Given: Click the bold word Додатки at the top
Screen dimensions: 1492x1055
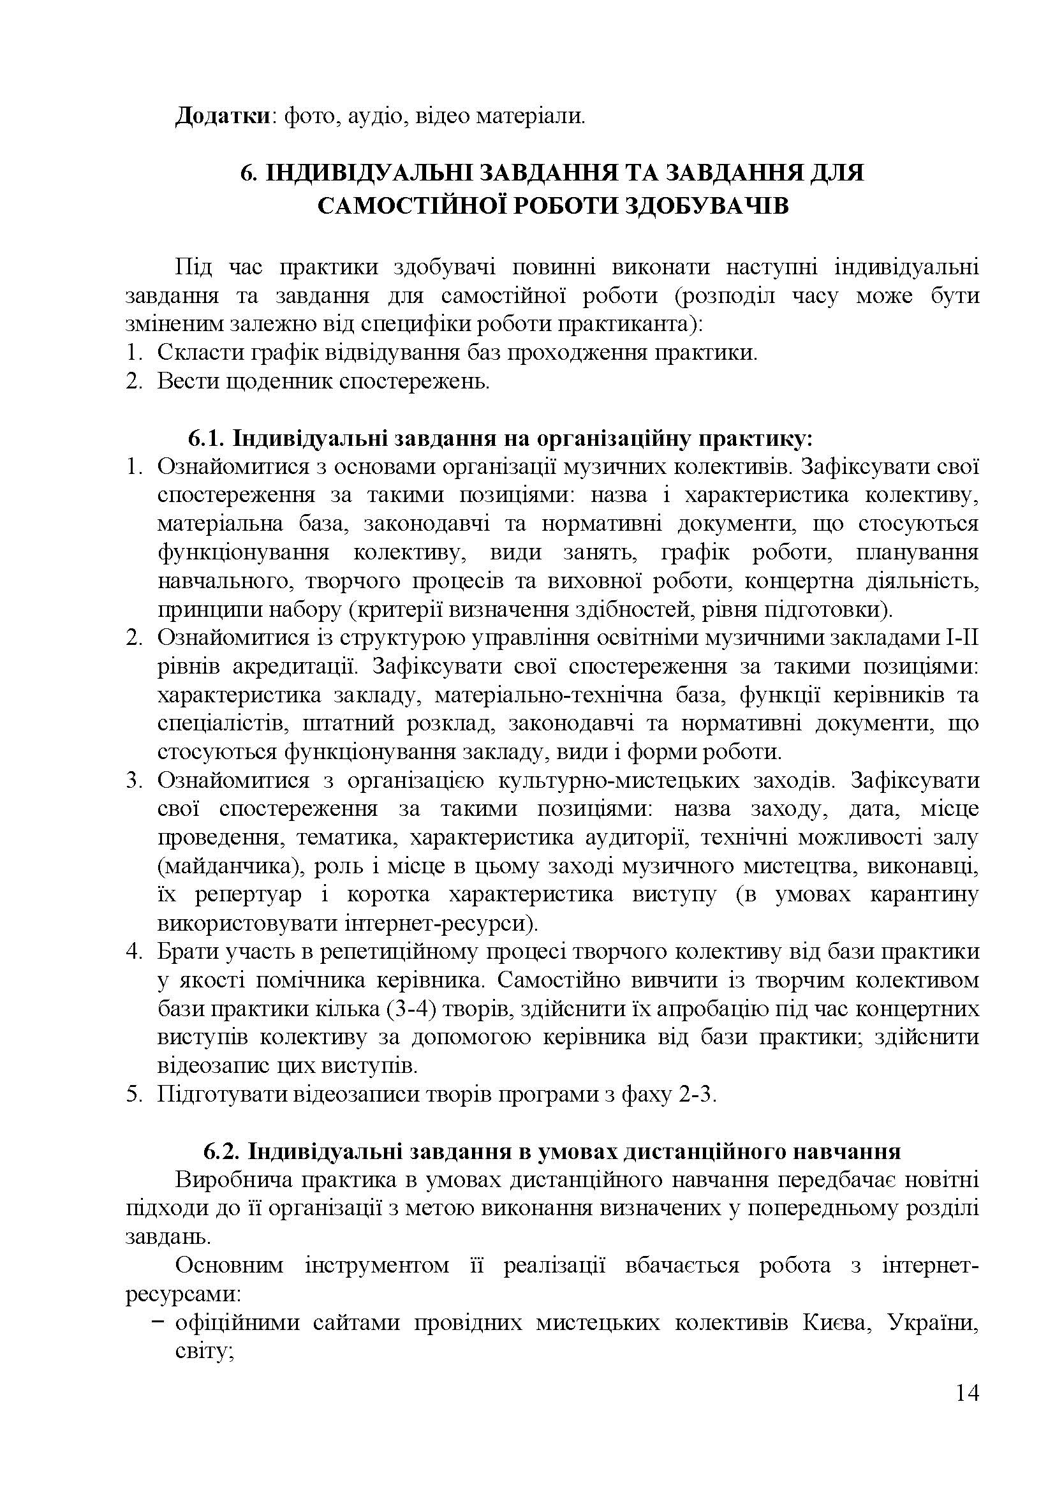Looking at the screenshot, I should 222,117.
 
